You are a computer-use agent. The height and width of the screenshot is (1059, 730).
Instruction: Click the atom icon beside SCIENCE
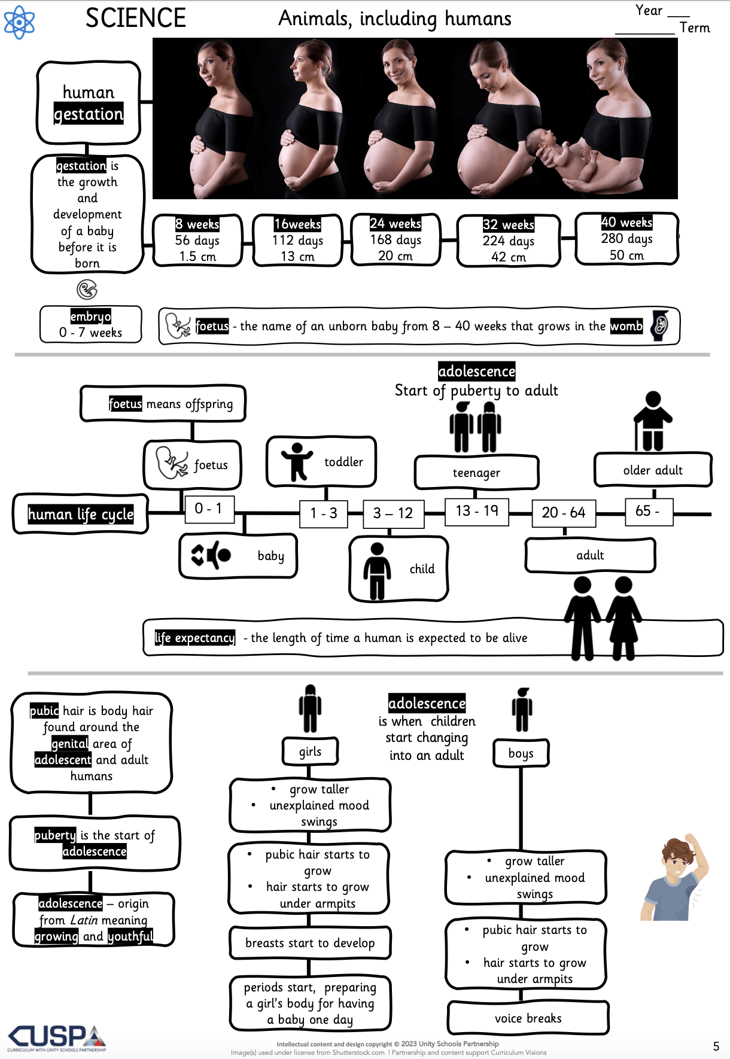[19, 22]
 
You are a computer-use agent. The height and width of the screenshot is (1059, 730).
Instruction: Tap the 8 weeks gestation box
[198, 240]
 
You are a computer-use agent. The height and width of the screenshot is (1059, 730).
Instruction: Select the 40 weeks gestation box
[626, 238]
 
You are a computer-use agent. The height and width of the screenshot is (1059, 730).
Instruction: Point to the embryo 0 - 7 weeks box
[91, 324]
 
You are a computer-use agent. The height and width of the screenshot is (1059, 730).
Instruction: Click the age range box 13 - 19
[477, 511]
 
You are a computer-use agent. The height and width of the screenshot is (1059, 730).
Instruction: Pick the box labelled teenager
[477, 473]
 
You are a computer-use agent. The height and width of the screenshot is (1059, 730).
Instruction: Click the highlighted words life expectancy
[195, 638]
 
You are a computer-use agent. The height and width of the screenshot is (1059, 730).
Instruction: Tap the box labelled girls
[310, 751]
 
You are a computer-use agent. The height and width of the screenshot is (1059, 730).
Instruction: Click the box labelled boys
[521, 753]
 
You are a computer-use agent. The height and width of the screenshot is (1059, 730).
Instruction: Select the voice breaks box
[528, 1018]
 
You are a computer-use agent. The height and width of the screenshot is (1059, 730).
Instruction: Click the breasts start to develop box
[310, 943]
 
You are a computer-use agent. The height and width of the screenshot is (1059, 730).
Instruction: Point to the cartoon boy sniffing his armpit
[674, 877]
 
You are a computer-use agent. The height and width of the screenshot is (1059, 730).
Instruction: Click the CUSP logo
[57, 1038]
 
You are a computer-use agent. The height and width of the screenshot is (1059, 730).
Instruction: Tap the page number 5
[716, 1046]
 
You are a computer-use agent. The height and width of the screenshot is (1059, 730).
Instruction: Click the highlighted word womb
[626, 326]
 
